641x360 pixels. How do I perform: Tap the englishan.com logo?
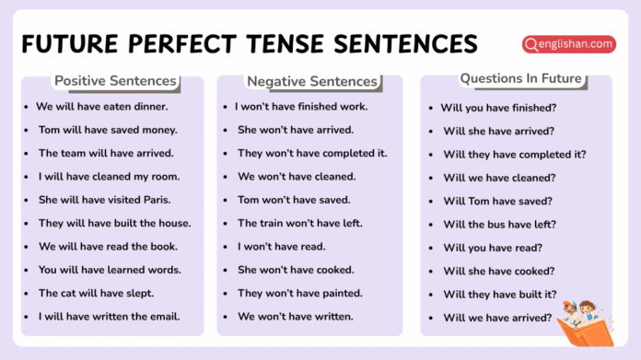click(568, 43)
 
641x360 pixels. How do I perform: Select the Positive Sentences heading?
click(115, 81)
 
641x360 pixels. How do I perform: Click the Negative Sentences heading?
click(312, 81)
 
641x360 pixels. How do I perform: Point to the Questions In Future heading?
click(520, 78)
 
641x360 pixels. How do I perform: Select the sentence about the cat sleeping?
click(96, 294)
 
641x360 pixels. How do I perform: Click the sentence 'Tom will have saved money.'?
click(108, 130)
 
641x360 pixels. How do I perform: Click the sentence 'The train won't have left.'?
click(300, 223)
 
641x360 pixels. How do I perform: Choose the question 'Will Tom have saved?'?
click(497, 201)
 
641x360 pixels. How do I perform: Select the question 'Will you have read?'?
click(493, 248)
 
